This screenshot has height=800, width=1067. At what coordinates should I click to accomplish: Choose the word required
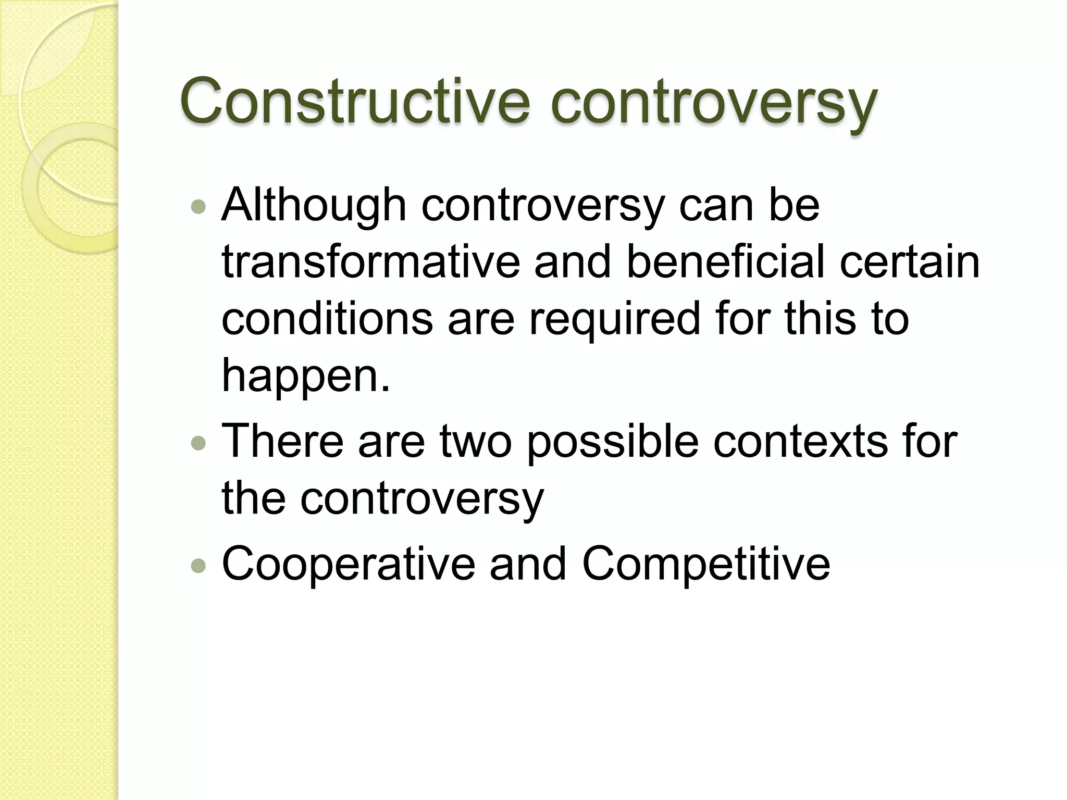[x=615, y=320]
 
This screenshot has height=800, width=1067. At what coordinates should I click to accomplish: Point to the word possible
[x=612, y=442]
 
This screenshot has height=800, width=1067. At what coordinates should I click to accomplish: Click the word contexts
[x=800, y=441]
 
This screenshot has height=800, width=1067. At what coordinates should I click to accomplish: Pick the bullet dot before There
[x=198, y=443]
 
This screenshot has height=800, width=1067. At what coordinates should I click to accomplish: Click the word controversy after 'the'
[x=422, y=499]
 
